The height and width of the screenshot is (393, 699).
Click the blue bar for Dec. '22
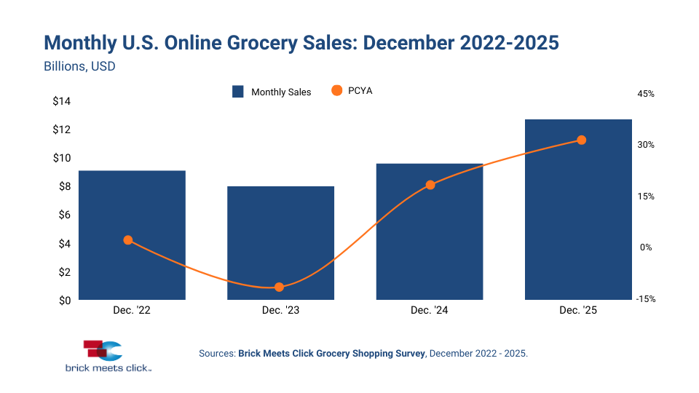[x=132, y=235]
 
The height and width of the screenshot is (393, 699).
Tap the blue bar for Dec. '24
[x=430, y=231]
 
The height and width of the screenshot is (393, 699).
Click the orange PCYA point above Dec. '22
[x=128, y=240]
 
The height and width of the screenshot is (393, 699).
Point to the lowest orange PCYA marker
[x=279, y=287]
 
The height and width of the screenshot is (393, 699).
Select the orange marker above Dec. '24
[x=430, y=185]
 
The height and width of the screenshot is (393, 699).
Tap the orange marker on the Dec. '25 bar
[x=581, y=140]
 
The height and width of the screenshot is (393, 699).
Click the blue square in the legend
[x=237, y=92]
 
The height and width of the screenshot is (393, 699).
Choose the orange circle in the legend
[x=336, y=91]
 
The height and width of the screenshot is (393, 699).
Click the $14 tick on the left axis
[x=61, y=101]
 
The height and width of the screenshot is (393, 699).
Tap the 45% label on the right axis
[x=646, y=94]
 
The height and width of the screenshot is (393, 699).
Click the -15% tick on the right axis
[x=646, y=299]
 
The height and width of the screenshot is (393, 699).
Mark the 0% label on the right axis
[x=646, y=247]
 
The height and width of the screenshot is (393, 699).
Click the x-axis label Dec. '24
[x=430, y=311]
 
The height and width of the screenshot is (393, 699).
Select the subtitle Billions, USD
[x=80, y=66]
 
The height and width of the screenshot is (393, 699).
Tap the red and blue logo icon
[x=102, y=350]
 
